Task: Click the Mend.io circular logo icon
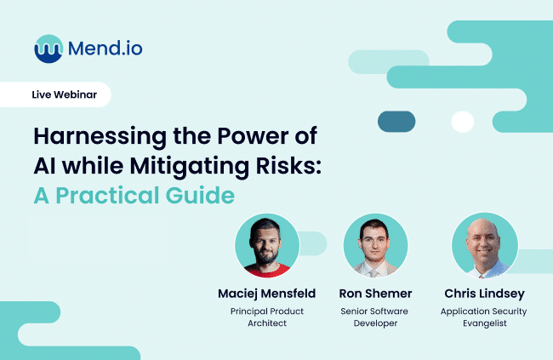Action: [49, 48]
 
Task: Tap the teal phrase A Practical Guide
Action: [134, 195]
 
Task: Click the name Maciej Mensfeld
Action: [267, 294]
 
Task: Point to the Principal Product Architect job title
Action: [267, 317]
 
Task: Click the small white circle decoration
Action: [462, 122]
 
